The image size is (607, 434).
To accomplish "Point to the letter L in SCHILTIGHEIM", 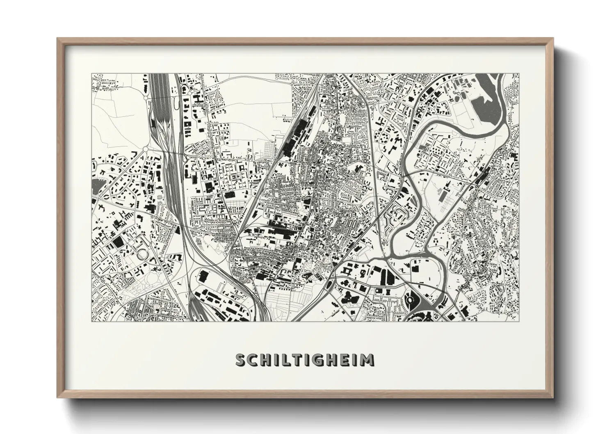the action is [286, 360].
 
